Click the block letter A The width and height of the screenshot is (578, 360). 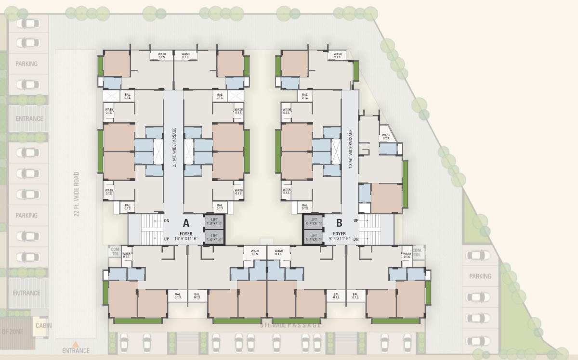click(185, 223)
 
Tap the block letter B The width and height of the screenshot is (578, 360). click(339, 223)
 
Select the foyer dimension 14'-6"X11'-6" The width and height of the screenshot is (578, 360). click(185, 238)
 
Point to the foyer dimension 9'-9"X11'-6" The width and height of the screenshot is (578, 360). click(339, 238)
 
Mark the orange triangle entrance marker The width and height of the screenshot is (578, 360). click(75, 344)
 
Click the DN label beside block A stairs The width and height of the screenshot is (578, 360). click(166, 221)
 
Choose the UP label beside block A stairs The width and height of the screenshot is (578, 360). click(166, 238)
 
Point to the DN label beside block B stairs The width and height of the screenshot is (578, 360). click(356, 239)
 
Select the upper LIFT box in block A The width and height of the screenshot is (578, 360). click(214, 222)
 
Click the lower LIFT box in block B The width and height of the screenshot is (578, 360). click(313, 237)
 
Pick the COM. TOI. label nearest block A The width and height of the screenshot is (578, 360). click(115, 252)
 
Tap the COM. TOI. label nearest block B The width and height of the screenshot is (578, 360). click(417, 252)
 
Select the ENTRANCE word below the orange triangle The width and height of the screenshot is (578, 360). click(76, 351)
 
